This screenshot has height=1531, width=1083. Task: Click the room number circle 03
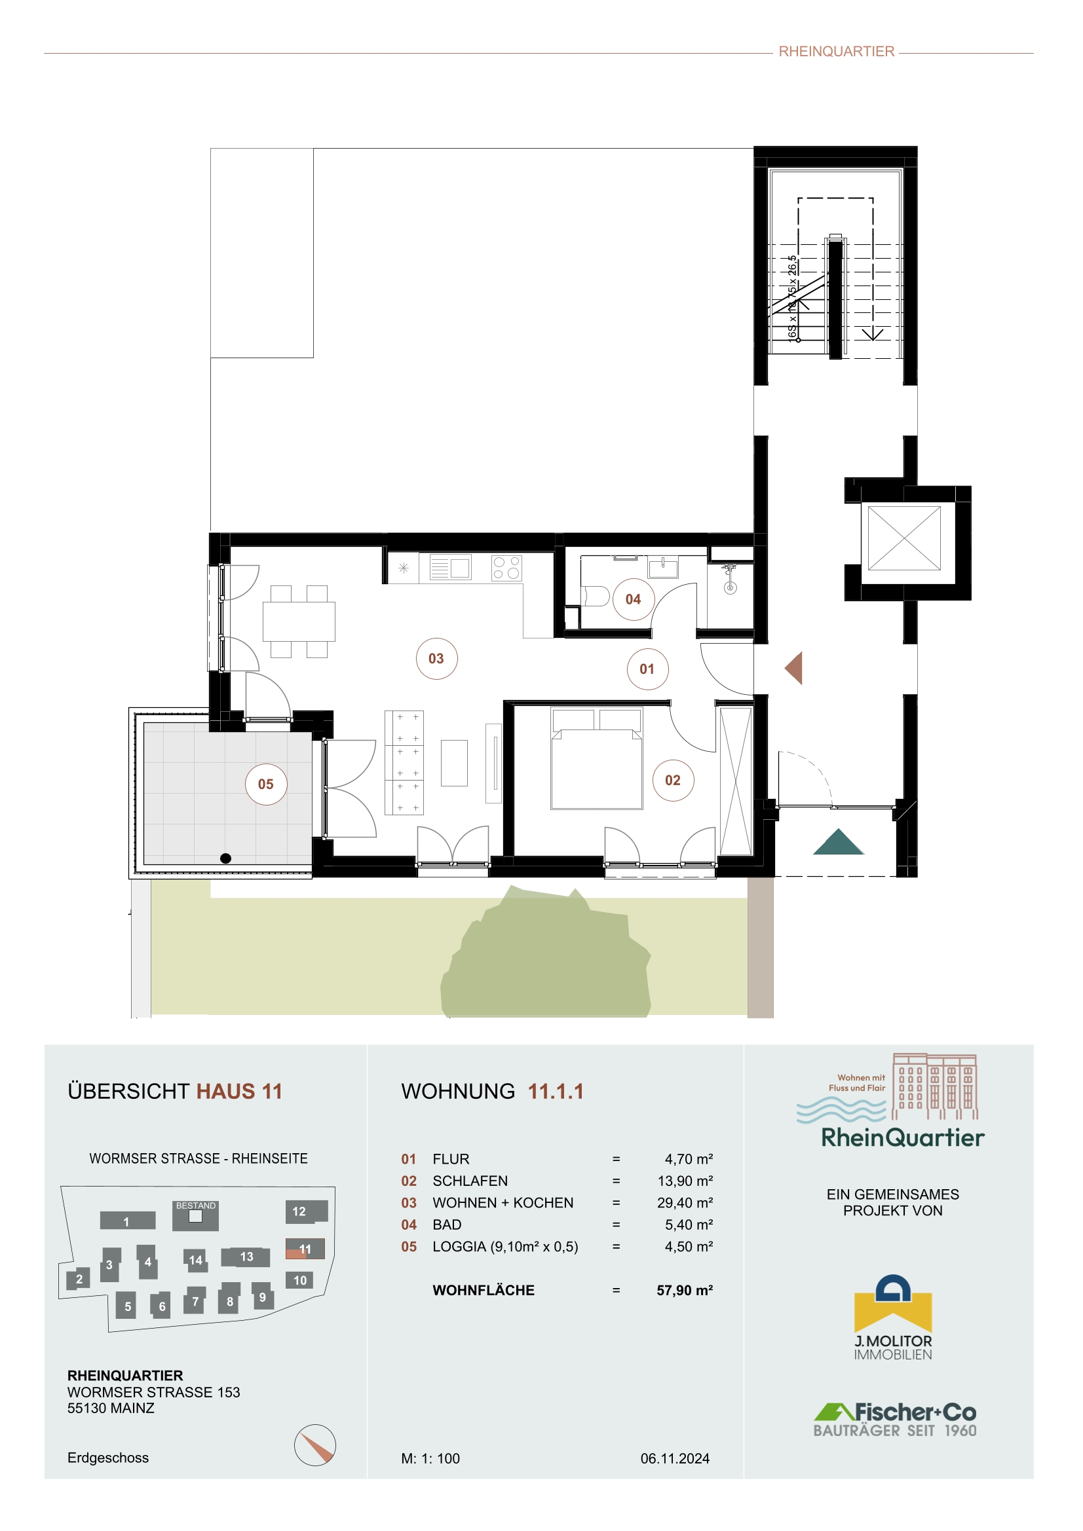click(436, 659)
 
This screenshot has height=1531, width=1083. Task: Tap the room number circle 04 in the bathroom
click(634, 599)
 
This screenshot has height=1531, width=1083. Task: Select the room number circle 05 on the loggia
click(266, 784)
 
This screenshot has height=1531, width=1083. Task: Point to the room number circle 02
click(673, 780)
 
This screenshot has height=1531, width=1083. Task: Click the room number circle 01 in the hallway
click(647, 669)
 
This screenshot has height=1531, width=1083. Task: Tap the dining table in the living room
click(299, 621)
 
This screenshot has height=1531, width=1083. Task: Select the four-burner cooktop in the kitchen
click(506, 568)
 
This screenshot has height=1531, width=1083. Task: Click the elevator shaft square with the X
click(904, 538)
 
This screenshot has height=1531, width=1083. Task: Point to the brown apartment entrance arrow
click(793, 668)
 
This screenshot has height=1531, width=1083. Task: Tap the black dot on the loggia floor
click(225, 858)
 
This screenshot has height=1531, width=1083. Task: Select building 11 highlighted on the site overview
click(305, 1249)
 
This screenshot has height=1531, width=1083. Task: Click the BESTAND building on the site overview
click(195, 1215)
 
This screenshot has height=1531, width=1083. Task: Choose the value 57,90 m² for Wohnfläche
click(685, 1290)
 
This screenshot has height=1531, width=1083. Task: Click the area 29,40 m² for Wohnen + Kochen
click(685, 1203)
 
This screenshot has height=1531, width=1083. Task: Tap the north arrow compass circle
click(315, 1445)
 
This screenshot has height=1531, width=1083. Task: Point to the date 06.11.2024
click(675, 1458)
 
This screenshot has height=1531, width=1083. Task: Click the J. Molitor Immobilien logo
click(893, 1318)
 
